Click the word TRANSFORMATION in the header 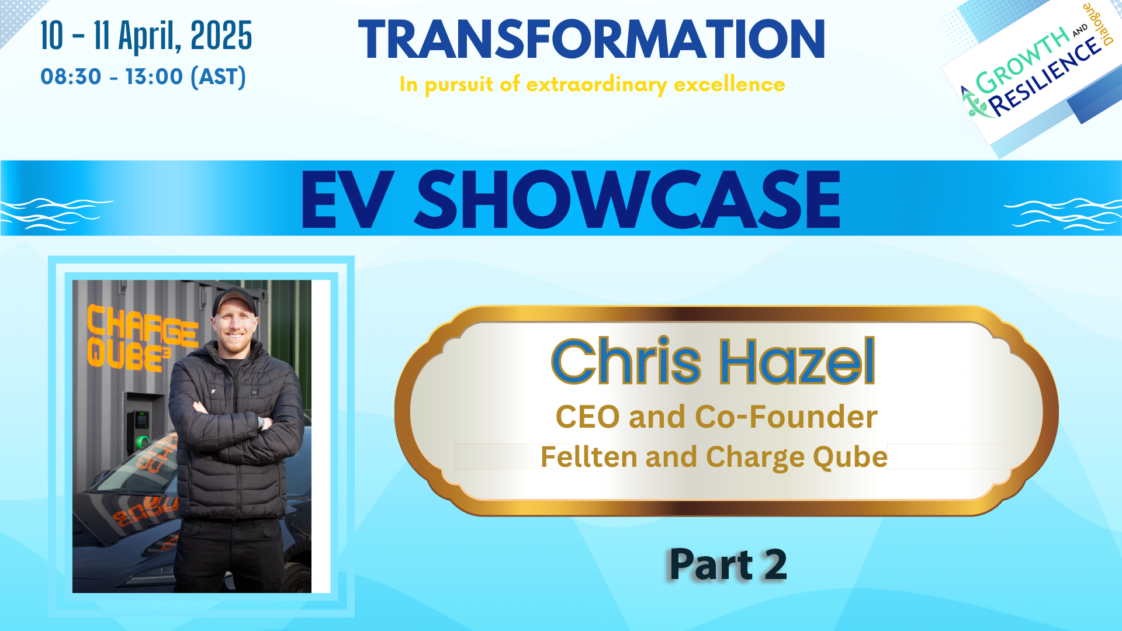tap(591, 40)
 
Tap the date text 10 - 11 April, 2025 tap(146, 36)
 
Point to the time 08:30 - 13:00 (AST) tap(143, 77)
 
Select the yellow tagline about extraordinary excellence tap(592, 85)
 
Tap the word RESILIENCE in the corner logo tap(1046, 77)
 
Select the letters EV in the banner tap(344, 200)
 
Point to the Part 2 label tap(728, 565)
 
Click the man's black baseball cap tap(235, 299)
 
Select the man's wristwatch tap(261, 424)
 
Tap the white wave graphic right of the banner tap(1062, 214)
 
